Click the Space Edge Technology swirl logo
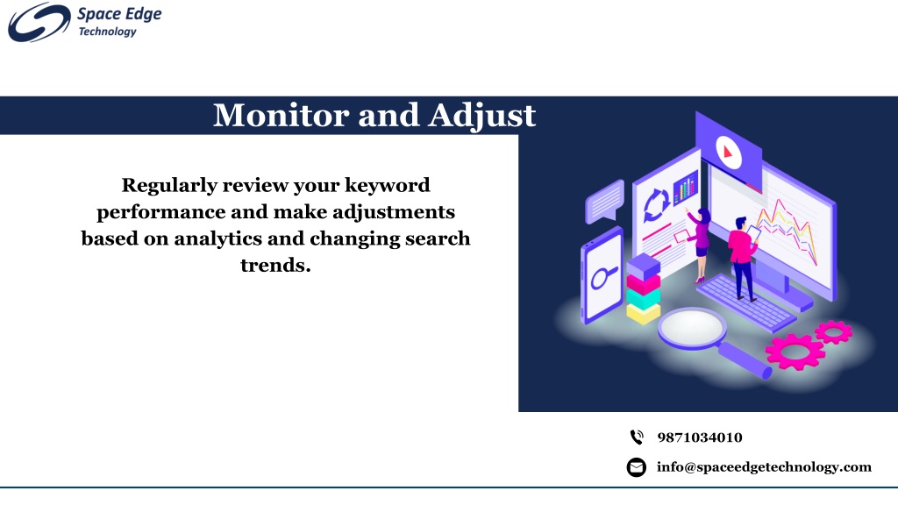pos(39,22)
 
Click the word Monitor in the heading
pos(282,115)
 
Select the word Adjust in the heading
pos(481,117)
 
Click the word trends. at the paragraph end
pos(275,265)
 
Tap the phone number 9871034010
pos(700,437)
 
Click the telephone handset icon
pos(637,437)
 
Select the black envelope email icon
pos(637,467)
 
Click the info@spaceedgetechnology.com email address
pos(764,467)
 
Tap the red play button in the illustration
pos(729,153)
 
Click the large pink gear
pos(795,351)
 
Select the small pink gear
pos(833,331)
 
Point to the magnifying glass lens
pos(692,328)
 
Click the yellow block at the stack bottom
pos(643,313)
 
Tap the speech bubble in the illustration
pos(605,201)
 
